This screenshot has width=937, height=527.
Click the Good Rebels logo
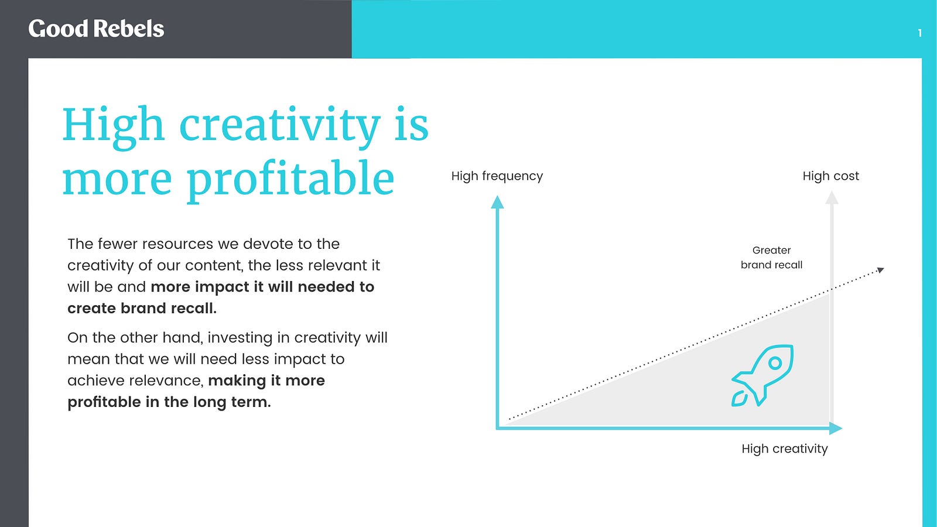(96, 29)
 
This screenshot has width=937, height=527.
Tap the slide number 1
(920, 33)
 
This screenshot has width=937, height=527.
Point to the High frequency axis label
(497, 176)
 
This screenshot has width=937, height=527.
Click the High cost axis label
(831, 176)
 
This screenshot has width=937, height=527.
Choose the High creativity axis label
(785, 449)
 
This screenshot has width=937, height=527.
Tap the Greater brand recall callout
(771, 258)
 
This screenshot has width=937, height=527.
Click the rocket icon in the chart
(762, 375)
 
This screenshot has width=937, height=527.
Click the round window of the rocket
(775, 362)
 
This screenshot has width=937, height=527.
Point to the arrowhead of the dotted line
(881, 270)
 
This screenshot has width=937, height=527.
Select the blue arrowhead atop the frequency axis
(497, 202)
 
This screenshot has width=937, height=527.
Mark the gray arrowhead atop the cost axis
(832, 197)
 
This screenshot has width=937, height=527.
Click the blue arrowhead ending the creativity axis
(835, 428)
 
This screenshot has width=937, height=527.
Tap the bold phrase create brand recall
(142, 308)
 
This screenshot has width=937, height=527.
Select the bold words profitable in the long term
(169, 402)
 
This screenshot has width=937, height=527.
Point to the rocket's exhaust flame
(739, 399)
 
